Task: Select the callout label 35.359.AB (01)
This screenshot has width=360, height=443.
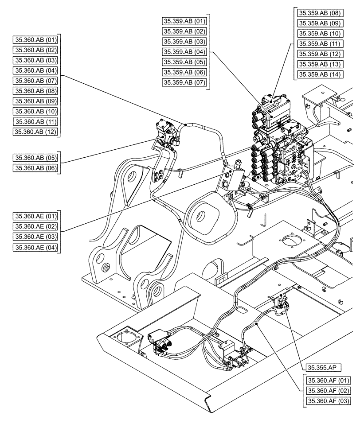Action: click(184, 21)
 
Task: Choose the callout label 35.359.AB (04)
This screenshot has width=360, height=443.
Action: click(184, 52)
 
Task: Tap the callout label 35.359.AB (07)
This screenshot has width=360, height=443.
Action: click(184, 82)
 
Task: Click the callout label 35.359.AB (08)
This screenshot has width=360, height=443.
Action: click(319, 13)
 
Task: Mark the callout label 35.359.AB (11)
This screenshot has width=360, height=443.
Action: click(319, 43)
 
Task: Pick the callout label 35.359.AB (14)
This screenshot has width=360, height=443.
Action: click(319, 74)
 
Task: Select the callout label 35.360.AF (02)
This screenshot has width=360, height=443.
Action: click(328, 391)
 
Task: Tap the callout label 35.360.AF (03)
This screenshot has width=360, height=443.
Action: click(328, 401)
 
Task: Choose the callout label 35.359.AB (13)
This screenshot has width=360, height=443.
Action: click(319, 64)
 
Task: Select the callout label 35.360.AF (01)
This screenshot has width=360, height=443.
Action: click(328, 381)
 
